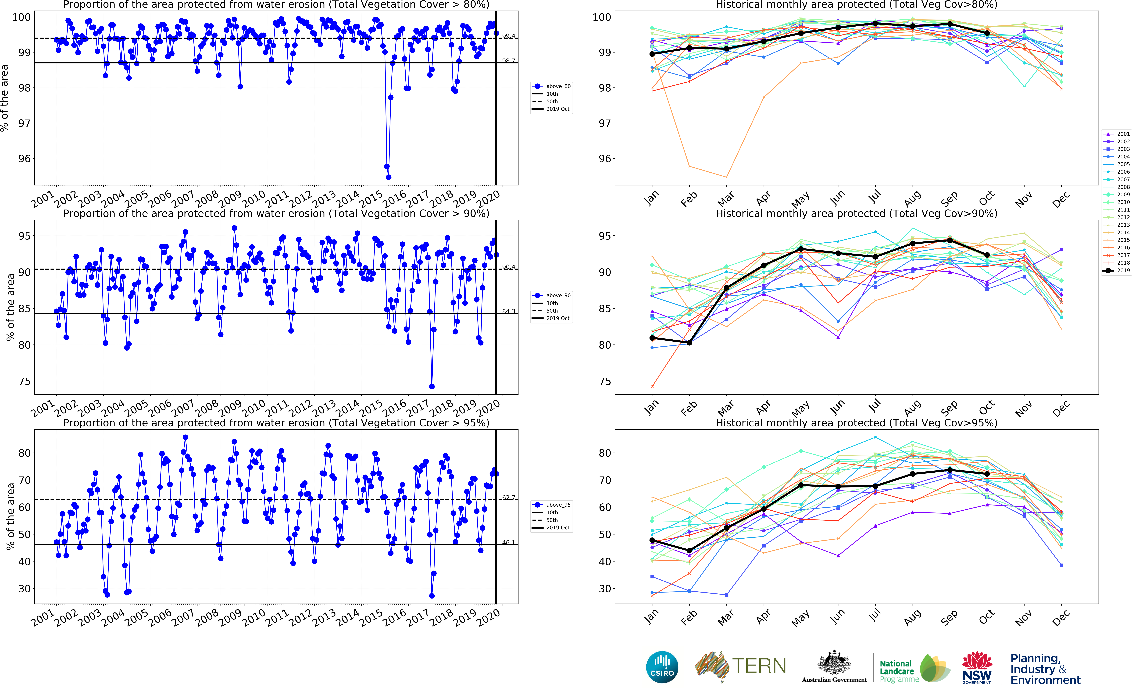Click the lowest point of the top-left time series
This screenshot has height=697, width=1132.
388,177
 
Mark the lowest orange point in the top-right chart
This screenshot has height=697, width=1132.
727,177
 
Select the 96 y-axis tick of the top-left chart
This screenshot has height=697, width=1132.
24,159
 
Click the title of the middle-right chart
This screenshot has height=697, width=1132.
856,213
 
